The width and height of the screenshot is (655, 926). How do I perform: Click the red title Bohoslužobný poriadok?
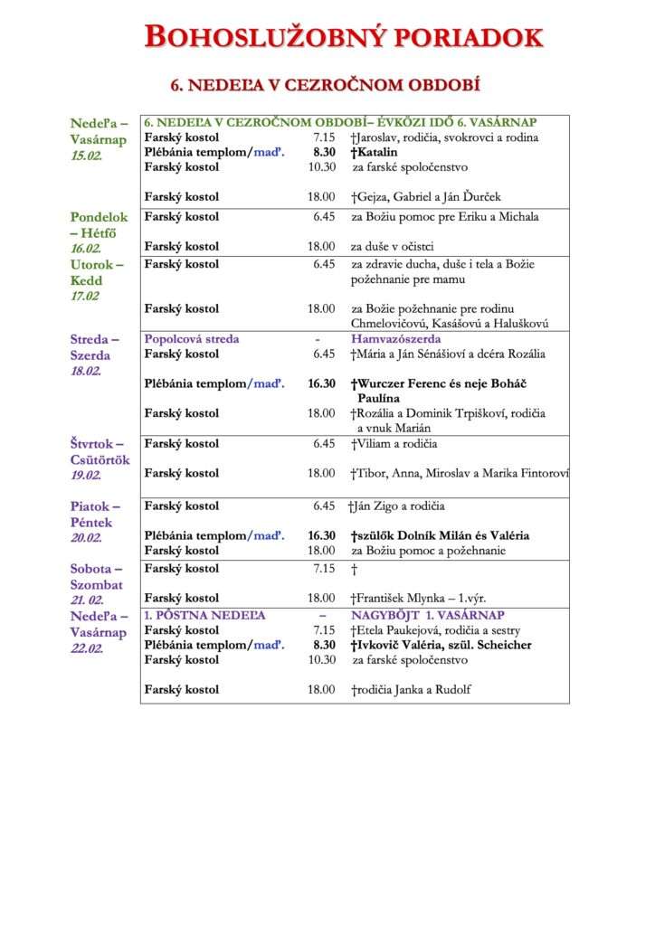[x=344, y=37]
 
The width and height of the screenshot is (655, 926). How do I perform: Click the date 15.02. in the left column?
[x=87, y=156]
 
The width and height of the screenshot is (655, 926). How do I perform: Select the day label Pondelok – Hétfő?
[x=100, y=224]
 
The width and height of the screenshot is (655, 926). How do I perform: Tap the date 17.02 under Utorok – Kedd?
[x=86, y=296]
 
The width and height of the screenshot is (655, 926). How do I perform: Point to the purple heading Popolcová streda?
[x=192, y=339]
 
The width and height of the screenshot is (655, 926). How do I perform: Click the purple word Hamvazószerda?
[x=396, y=339]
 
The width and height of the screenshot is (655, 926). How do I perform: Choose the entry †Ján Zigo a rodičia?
[x=396, y=506]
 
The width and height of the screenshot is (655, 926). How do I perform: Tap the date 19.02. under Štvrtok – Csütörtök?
[x=87, y=476]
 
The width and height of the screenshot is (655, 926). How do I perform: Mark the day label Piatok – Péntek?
[x=96, y=514]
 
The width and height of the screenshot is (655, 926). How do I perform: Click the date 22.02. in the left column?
[x=87, y=648]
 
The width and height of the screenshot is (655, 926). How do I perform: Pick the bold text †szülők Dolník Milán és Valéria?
[x=440, y=535]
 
